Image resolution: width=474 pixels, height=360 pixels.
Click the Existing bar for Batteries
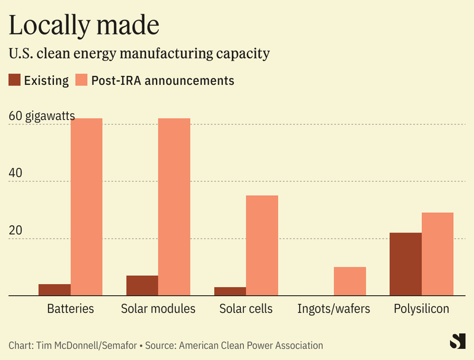tap(55, 289)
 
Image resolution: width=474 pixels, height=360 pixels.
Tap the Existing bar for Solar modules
tap(142, 285)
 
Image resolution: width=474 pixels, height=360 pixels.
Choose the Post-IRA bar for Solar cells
tap(262, 245)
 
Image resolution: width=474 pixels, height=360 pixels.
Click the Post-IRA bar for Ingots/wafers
tap(350, 281)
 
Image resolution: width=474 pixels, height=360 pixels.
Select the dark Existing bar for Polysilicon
tap(406, 264)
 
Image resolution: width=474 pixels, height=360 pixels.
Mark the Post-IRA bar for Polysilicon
tap(438, 254)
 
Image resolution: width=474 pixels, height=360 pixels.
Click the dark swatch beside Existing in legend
tap(15, 80)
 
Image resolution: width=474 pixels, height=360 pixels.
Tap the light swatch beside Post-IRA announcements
tap(82, 80)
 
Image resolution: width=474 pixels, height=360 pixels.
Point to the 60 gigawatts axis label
tap(42, 116)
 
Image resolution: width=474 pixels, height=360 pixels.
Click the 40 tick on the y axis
tap(15, 173)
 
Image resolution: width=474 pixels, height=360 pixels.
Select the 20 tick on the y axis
tap(15, 231)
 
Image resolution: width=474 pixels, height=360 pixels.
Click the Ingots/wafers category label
tap(333, 309)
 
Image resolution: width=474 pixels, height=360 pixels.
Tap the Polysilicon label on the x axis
tap(422, 309)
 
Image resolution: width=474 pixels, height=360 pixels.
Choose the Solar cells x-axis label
tap(246, 309)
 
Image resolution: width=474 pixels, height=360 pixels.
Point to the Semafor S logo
tap(457, 341)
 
